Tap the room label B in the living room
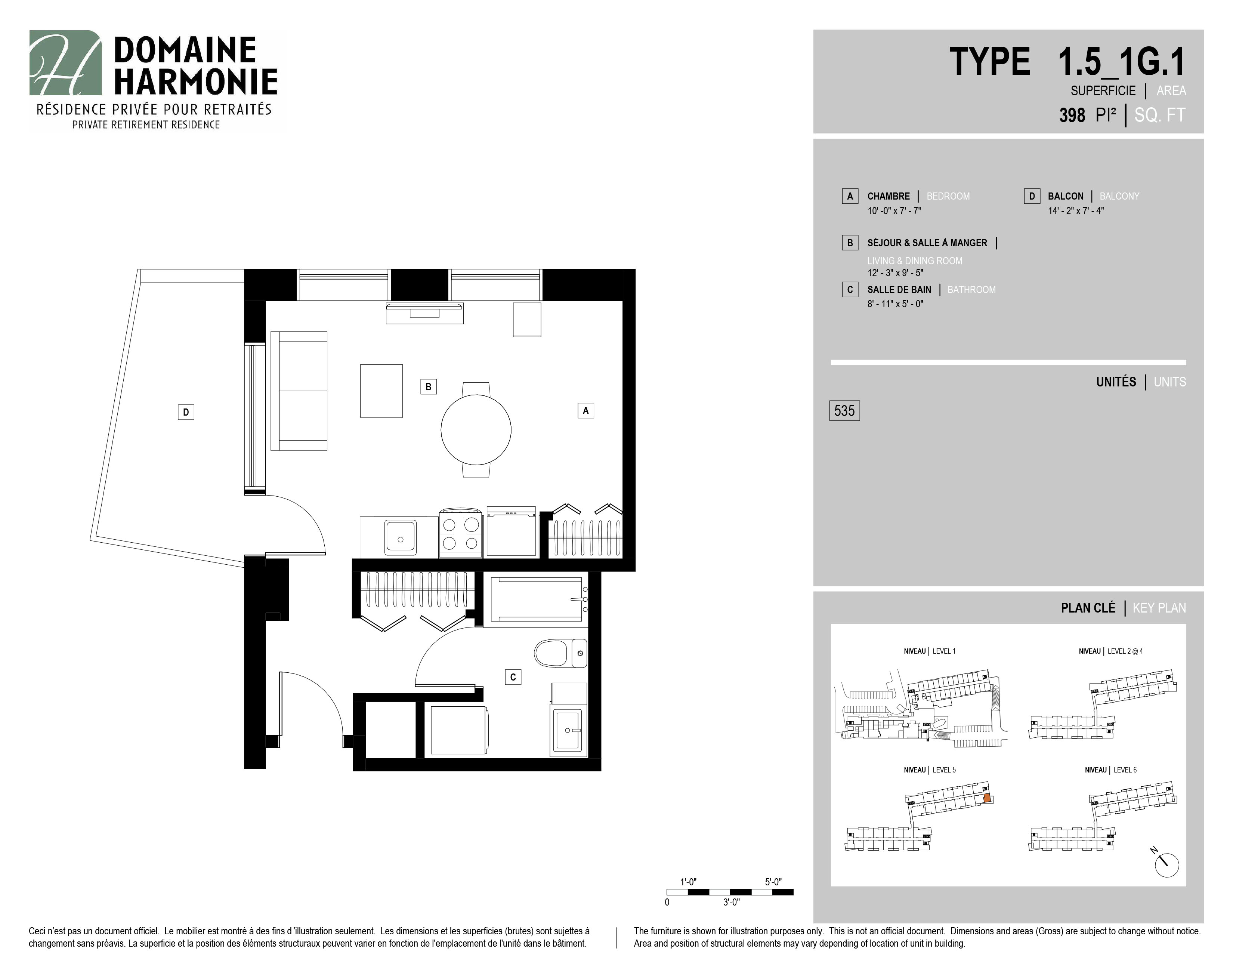429,387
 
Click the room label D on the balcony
186,412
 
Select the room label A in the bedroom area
585,410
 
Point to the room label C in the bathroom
513,677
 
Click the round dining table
476,430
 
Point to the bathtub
536,599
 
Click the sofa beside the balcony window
299,391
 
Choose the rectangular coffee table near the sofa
381,391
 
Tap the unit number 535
844,410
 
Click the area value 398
1072,115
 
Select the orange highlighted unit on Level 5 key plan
987,798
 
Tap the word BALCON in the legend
1065,197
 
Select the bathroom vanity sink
569,731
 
